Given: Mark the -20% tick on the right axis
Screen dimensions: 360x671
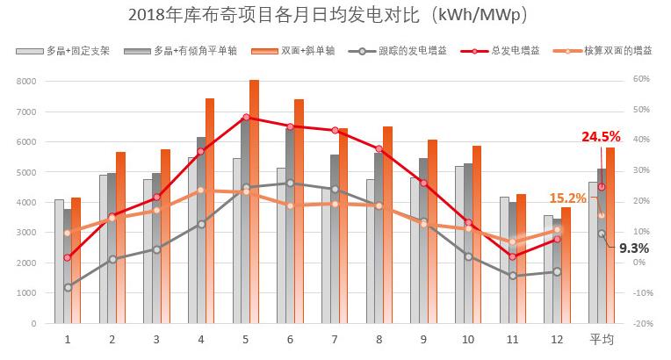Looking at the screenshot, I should point(640,323).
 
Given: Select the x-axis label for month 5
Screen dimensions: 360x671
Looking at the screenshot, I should point(245,339).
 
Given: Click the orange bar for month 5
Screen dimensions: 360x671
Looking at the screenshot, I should point(254,202).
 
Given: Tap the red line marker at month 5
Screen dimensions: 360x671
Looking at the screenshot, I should point(246,117).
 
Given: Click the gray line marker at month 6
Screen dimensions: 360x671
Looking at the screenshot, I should point(290,184).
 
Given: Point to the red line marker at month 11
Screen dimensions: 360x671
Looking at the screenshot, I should point(513,256).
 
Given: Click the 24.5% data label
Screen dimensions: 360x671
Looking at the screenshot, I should point(601,136).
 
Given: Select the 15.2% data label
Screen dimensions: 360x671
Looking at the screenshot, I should point(567,198).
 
